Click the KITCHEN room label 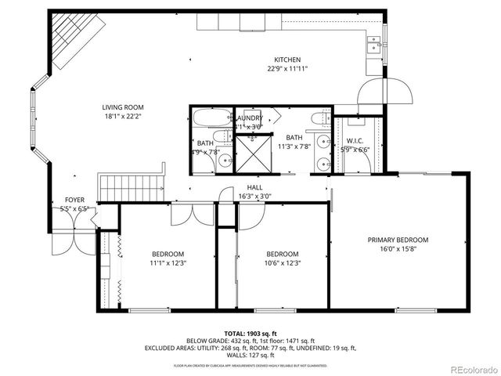pyautogui.click(x=287, y=60)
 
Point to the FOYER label pyautogui.click(x=75, y=201)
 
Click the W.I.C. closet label pyautogui.click(x=355, y=141)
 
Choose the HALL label pyautogui.click(x=255, y=187)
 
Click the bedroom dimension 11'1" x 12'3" pyautogui.click(x=168, y=263)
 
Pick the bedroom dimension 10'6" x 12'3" pyautogui.click(x=282, y=263)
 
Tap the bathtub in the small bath pyautogui.click(x=210, y=119)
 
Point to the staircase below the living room pyautogui.click(x=129, y=186)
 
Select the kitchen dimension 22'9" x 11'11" pyautogui.click(x=287, y=69)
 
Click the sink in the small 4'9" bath pyautogui.click(x=225, y=161)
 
